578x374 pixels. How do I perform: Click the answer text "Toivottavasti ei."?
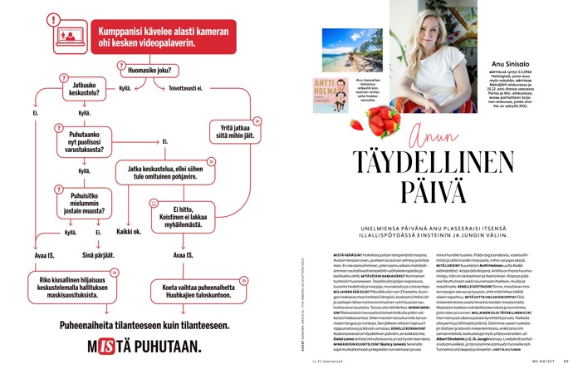pyautogui.click(x=187, y=87)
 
